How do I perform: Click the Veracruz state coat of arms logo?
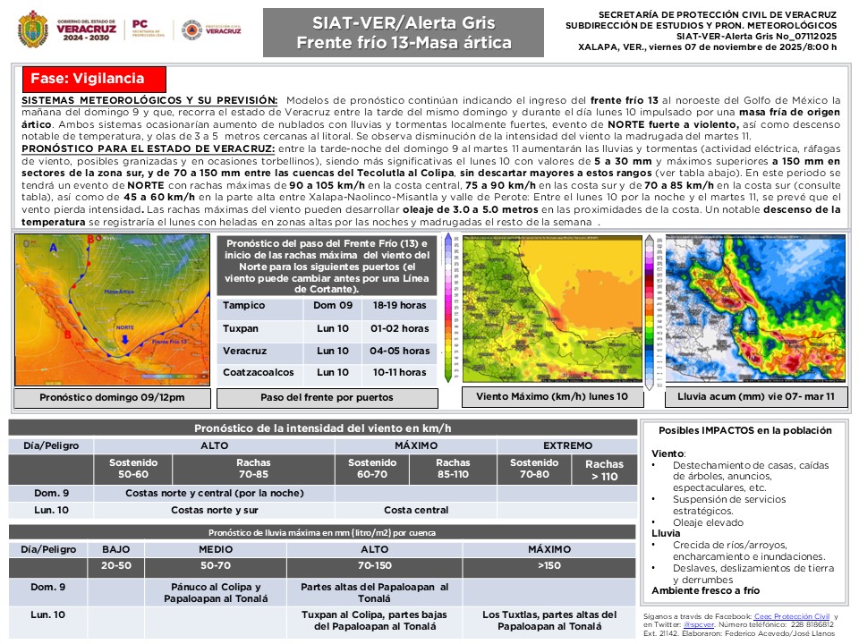click(x=33, y=29)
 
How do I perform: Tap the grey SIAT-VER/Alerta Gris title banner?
click(x=403, y=32)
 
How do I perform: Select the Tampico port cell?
click(x=243, y=306)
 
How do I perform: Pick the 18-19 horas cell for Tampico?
click(x=399, y=306)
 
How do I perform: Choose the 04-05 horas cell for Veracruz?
click(x=399, y=351)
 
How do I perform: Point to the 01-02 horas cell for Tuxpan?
click(x=399, y=328)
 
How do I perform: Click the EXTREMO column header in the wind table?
click(x=567, y=445)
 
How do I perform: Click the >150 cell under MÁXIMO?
click(x=549, y=565)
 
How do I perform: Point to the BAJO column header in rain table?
click(x=116, y=548)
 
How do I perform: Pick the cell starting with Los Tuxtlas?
click(x=549, y=620)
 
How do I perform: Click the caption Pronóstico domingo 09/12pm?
click(x=112, y=397)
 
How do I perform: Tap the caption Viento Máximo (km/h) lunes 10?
click(x=552, y=395)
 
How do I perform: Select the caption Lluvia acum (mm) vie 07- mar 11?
click(x=756, y=395)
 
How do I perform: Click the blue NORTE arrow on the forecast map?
click(x=124, y=339)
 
